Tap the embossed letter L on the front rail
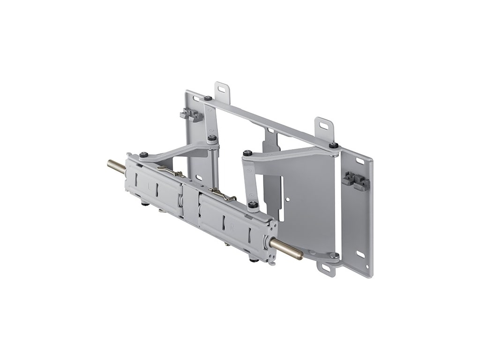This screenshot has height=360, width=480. click(150, 187)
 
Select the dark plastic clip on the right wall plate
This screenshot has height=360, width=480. click(356, 180)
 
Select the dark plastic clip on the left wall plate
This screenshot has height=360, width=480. click(191, 115)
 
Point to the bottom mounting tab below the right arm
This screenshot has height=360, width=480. click(325, 268)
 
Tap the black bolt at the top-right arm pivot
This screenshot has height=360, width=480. click(333, 145)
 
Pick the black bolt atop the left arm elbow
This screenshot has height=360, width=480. click(212, 138)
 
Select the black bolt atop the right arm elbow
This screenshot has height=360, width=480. click(247, 153)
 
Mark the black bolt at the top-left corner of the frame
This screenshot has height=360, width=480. click(207, 98)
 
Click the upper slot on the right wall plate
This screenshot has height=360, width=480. click(360, 161)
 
